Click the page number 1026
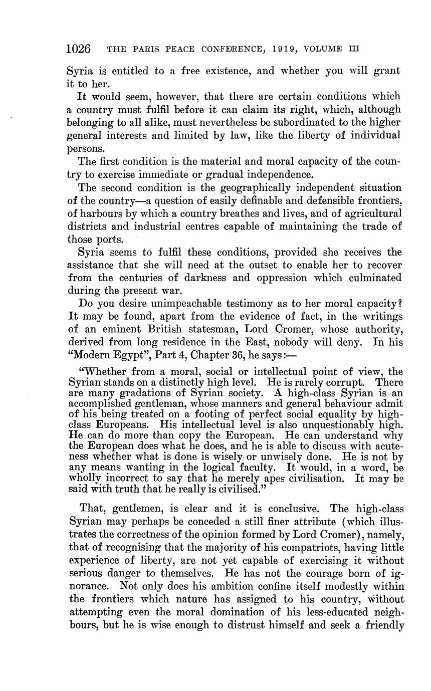pos(78,49)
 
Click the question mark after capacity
pos(399,304)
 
